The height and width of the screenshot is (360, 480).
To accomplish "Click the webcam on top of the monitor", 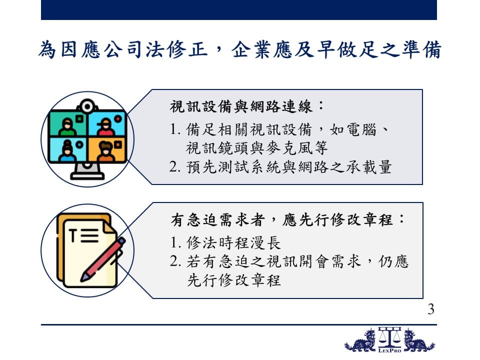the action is click(87, 106).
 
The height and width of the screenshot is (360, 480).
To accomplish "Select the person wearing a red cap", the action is click(105, 126).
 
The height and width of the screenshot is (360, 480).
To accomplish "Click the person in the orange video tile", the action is click(105, 151).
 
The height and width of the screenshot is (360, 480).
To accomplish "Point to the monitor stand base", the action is click(87, 176).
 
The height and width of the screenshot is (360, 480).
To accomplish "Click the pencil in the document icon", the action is click(102, 259).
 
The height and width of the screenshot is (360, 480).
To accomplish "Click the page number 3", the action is click(430, 309).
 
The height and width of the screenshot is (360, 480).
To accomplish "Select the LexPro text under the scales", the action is click(389, 350).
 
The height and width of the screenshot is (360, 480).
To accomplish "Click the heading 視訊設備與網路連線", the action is click(240, 106).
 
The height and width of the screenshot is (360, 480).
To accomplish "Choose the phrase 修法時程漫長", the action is click(234, 243).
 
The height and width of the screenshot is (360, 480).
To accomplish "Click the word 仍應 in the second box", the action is click(393, 261).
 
